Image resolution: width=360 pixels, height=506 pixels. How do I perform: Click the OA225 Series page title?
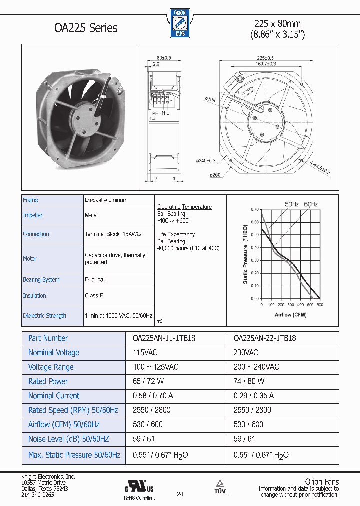pos(85,28)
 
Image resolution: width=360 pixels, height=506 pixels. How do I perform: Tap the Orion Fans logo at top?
pos(179,23)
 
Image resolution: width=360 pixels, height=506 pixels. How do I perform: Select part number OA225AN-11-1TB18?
pos(164,338)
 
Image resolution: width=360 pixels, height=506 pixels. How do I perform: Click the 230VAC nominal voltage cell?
pos(246,353)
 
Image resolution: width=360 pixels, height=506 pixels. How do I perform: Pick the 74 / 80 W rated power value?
pos(248,381)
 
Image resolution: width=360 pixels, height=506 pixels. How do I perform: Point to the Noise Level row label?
pos(68,439)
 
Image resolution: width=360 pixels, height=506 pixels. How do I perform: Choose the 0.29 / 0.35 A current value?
pos(254,396)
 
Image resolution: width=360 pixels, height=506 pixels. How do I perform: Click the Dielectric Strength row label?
pos(44,316)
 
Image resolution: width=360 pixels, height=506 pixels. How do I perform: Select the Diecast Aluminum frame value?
pos(106,200)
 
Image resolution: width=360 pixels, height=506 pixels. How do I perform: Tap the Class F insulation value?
pos(94,296)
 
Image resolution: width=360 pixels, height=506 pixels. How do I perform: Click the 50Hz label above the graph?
pos(292,204)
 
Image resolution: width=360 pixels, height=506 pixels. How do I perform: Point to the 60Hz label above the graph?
pos(310,204)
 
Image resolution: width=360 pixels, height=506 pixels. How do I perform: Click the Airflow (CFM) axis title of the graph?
pos(291,315)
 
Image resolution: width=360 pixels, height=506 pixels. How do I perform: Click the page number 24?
pos(180,495)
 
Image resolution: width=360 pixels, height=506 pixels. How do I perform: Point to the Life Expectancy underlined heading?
pos(176,234)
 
